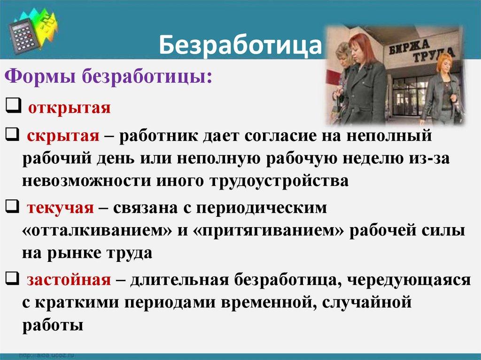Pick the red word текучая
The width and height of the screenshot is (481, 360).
(x=61, y=207)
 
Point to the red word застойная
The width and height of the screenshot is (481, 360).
(x=69, y=280)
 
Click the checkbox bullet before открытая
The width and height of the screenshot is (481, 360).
(x=13, y=107)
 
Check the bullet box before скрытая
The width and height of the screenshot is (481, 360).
(x=13, y=136)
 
